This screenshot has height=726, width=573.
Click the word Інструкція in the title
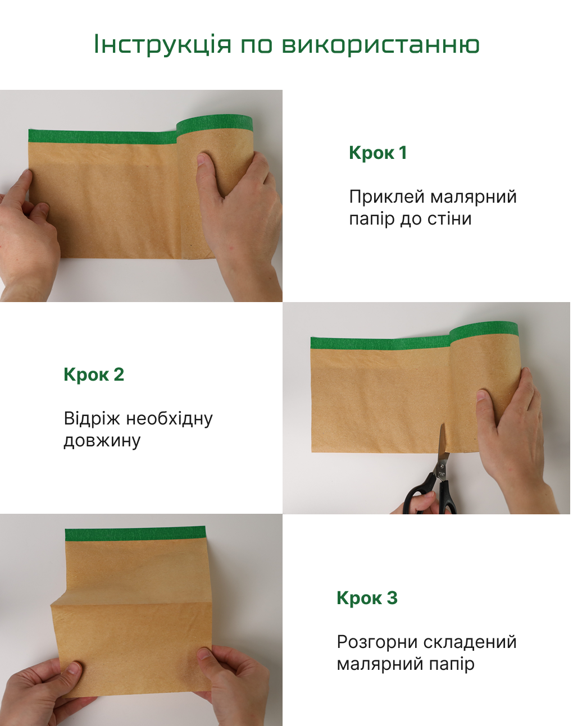point(162,44)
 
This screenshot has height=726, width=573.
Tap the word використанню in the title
point(380,45)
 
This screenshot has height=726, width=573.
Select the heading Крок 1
point(378,153)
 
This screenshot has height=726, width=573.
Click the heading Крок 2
point(94,375)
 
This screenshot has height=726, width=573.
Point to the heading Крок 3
point(367,598)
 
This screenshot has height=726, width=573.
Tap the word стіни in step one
point(450,218)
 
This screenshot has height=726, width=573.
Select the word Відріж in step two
point(92,419)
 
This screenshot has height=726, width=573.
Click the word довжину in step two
point(102,441)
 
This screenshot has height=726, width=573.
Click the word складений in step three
point(470,642)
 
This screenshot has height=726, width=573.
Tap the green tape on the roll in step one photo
point(215,123)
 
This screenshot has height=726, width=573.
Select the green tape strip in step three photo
point(135,534)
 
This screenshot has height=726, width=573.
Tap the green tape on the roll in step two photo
point(484,330)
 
